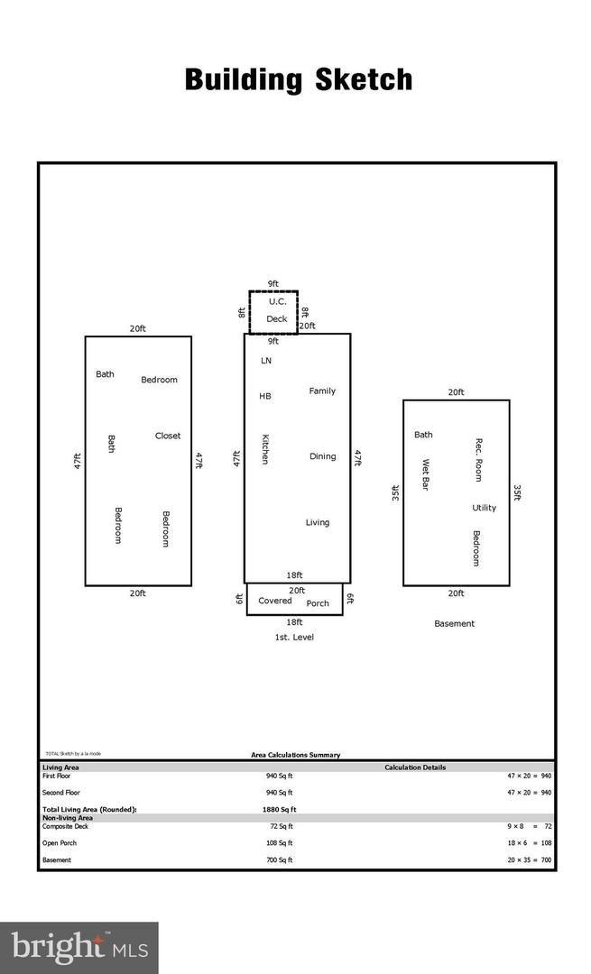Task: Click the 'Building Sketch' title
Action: tap(299, 79)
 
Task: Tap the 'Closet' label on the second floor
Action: tap(168, 436)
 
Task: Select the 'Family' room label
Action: tap(322, 391)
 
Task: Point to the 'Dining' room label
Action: tap(322, 456)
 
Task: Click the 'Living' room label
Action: tap(318, 522)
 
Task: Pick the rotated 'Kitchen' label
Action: tap(265, 449)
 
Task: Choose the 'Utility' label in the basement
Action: tap(485, 508)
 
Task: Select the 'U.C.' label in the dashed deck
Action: tap(277, 301)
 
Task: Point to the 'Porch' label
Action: tap(318, 603)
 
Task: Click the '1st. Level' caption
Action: tap(294, 637)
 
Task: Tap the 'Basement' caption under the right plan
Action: tap(454, 623)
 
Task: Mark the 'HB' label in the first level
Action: tap(265, 396)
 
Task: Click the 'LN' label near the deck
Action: tap(265, 361)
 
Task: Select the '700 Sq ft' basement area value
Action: tap(280, 859)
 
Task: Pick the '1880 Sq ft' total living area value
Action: tap(278, 809)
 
